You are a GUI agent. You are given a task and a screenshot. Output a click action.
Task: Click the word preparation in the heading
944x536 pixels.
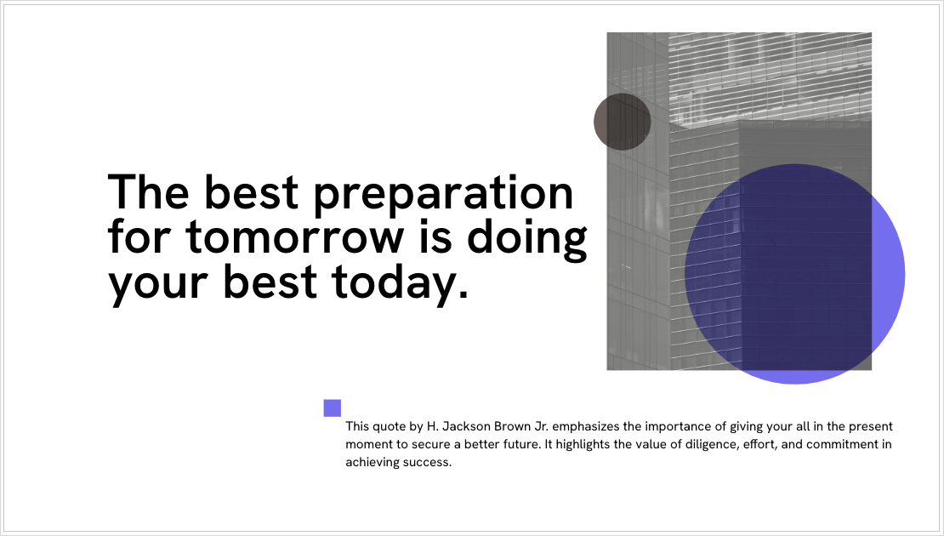pyautogui.click(x=444, y=195)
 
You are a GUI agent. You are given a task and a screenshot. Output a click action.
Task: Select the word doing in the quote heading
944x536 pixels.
pyautogui.click(x=526, y=238)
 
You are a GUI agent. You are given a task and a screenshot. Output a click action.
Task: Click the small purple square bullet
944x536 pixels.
pyautogui.click(x=333, y=408)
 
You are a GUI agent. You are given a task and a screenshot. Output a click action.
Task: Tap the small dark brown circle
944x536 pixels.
pyautogui.click(x=623, y=122)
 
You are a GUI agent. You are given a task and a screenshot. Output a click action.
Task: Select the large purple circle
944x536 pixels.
pyautogui.click(x=794, y=274)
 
